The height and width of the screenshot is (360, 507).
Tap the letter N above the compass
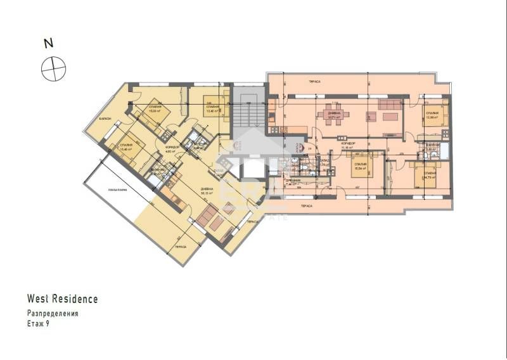coord(47,44)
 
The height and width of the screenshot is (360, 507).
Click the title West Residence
coord(62,299)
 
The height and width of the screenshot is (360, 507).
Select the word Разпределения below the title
coord(53,313)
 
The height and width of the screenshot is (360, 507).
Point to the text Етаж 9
coord(37,323)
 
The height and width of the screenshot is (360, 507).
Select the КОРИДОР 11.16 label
coord(347,146)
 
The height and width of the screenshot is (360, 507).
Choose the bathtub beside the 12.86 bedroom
coord(444,150)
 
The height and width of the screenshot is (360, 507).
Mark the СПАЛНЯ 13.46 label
coord(125,148)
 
